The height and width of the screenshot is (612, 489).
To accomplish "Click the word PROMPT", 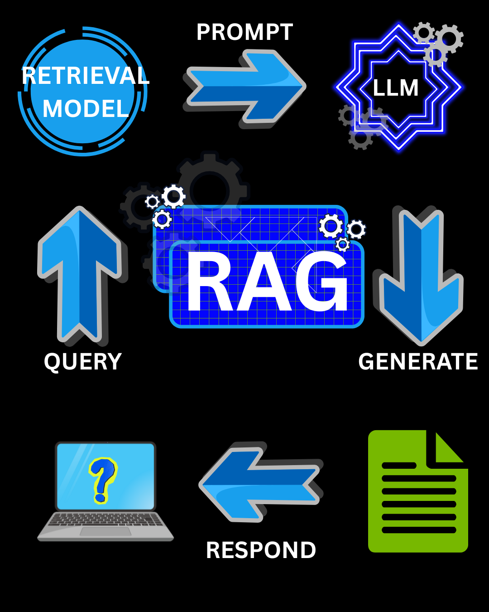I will (244, 33).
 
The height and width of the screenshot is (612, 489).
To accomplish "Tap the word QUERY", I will (83, 362).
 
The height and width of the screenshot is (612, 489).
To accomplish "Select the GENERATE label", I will (418, 362).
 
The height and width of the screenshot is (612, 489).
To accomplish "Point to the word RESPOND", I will (261, 550).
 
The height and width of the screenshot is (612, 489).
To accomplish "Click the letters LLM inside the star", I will (396, 88).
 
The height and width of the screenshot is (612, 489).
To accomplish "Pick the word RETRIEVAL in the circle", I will (85, 76).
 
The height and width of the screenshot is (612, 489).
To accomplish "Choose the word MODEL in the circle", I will (85, 109).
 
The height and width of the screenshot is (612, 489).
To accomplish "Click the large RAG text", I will (267, 282).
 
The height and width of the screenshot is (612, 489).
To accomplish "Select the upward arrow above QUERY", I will (80, 272).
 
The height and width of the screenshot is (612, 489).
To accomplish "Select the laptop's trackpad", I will (105, 531).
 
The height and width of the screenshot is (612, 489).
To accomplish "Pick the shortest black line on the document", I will (399, 466).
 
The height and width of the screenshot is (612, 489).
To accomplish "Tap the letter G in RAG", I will (322, 282).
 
